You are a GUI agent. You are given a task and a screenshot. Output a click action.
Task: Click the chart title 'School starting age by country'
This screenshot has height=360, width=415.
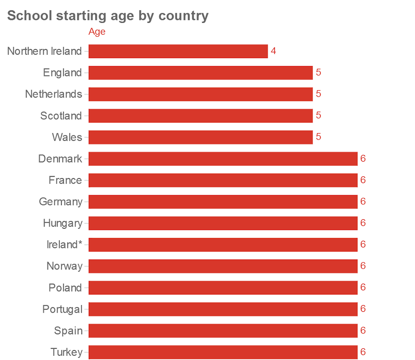pyautogui.click(x=108, y=16)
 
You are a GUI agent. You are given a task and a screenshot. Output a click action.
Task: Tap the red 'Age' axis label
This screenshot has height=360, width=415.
pyautogui.click(x=97, y=32)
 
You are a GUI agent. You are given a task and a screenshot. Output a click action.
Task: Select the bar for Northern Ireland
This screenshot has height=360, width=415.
pyautogui.click(x=178, y=51)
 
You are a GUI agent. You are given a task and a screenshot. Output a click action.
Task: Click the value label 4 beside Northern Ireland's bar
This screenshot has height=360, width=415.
pyautogui.click(x=273, y=51)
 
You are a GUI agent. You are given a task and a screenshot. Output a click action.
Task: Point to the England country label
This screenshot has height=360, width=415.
pyautogui.click(x=62, y=73)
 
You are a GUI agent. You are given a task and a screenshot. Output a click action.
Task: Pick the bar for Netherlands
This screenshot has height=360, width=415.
pyautogui.click(x=200, y=94)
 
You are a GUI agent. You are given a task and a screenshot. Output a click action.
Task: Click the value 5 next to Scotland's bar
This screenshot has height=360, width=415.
pyautogui.click(x=318, y=115)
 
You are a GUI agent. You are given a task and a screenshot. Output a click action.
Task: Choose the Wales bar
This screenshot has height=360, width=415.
pyautogui.click(x=200, y=137)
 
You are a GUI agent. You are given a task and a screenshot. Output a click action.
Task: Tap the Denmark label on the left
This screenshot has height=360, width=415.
pyautogui.click(x=60, y=159)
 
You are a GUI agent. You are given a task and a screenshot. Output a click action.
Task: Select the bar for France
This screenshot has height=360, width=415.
pyautogui.click(x=223, y=180)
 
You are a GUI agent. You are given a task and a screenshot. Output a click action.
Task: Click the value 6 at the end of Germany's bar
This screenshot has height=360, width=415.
pyautogui.click(x=363, y=201)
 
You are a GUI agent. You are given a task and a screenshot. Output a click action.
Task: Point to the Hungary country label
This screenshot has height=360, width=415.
pyautogui.click(x=62, y=223)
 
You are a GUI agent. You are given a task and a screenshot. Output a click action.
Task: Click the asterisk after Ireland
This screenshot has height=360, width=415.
pyautogui.click(x=80, y=243)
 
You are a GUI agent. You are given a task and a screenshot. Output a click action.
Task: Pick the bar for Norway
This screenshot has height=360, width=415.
pyautogui.click(x=223, y=266)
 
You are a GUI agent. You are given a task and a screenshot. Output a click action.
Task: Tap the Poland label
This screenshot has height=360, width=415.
pyautogui.click(x=65, y=288)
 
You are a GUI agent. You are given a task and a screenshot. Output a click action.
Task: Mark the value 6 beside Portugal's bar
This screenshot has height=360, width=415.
pyautogui.click(x=363, y=309)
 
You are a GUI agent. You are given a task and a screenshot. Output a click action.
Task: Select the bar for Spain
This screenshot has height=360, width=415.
pyautogui.click(x=223, y=331)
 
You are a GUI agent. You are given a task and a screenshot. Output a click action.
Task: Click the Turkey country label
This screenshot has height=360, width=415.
pyautogui.click(x=66, y=352)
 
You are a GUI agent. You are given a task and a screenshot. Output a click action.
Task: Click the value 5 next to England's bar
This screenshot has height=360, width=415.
pyautogui.click(x=318, y=72)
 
